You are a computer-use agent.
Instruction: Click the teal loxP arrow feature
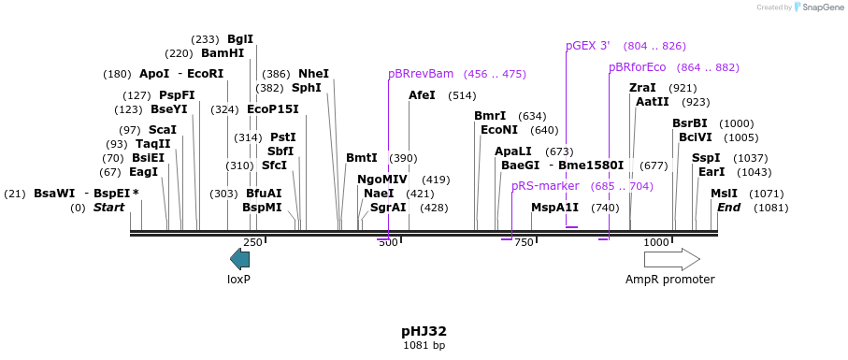tap(240, 259)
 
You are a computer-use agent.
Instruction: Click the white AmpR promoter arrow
tap(671, 259)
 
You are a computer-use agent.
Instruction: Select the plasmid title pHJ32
tap(424, 331)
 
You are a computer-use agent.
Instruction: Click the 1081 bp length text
tap(424, 346)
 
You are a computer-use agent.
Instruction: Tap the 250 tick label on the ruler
tap(252, 243)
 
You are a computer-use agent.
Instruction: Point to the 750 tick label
tap(524, 243)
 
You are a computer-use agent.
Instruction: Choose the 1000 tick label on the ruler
tap(656, 243)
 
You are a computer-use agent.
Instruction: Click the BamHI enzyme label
tap(223, 53)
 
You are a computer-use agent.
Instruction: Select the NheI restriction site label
tap(313, 74)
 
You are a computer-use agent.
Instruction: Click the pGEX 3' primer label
tap(587, 46)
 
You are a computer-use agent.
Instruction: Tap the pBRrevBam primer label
tap(421, 74)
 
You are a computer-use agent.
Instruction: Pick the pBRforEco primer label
tap(637, 67)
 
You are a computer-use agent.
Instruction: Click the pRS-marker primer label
tap(545, 186)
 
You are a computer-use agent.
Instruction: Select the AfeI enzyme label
tap(422, 95)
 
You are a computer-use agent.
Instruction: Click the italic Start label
tap(108, 208)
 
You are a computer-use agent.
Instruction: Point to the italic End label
tap(728, 208)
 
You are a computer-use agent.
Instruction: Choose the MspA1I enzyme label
tap(554, 208)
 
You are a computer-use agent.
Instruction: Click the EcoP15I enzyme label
tap(273, 109)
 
